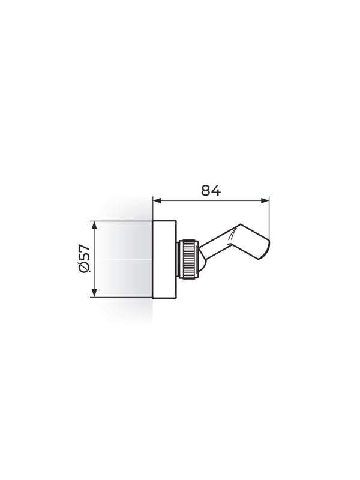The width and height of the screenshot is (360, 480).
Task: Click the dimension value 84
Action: coord(211,190)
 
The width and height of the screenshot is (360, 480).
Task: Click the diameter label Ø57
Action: coord(85,258)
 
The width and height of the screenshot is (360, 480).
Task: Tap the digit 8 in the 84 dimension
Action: coord(206,190)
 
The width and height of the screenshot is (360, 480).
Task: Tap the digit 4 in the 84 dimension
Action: coord(216,190)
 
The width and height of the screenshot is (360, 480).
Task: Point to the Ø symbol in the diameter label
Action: coord(85,267)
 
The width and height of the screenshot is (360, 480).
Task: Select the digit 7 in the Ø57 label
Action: coord(85,248)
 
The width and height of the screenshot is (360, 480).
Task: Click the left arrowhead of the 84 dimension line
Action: coord(157,200)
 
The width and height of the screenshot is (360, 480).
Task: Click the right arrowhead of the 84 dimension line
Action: coord(265,200)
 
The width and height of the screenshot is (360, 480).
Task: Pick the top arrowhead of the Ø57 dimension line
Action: coord(95,224)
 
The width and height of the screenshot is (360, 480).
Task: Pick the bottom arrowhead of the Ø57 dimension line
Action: coord(95,293)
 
